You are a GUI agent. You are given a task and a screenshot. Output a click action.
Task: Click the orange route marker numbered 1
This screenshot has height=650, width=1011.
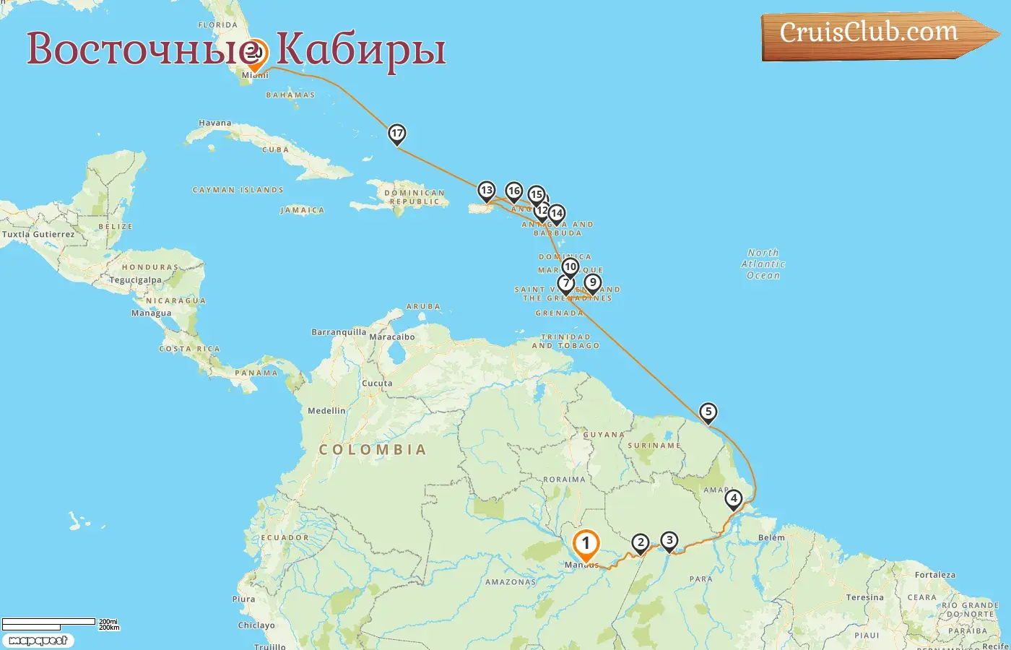click(586, 544)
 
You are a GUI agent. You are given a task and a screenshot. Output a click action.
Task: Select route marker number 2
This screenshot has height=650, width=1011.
click(640, 543)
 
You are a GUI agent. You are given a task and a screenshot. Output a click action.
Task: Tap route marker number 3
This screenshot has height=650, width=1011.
click(669, 540)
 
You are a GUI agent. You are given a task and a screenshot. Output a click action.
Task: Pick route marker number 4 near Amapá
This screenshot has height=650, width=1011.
click(733, 498)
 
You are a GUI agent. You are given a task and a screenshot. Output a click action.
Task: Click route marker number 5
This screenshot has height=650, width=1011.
click(708, 412)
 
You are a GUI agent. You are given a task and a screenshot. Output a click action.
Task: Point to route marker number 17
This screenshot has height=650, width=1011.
click(396, 133)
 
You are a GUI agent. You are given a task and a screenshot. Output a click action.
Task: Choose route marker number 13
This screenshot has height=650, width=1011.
click(487, 191)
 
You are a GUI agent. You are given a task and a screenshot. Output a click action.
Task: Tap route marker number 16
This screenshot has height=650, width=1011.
click(513, 191)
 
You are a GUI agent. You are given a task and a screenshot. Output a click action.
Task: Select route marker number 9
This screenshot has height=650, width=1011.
click(592, 282)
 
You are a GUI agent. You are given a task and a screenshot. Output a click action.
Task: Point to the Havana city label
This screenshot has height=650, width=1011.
click(215, 123)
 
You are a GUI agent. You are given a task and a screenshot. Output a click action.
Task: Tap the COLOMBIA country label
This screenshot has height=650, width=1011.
click(373, 449)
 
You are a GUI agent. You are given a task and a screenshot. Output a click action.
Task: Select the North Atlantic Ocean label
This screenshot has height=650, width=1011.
click(763, 264)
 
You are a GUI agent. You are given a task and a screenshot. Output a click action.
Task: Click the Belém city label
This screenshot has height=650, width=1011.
click(771, 537)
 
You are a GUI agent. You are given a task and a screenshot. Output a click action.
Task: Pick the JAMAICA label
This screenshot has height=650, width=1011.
click(302, 210)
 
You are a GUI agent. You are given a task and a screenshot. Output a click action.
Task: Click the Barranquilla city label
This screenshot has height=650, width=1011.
click(339, 332)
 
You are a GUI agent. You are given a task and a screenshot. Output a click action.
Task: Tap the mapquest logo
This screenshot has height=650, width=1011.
click(38, 640)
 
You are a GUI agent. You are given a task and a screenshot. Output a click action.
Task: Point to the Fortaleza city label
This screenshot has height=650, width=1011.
click(934, 575)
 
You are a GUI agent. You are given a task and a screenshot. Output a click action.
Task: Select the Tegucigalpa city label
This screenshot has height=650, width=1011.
click(135, 279)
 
